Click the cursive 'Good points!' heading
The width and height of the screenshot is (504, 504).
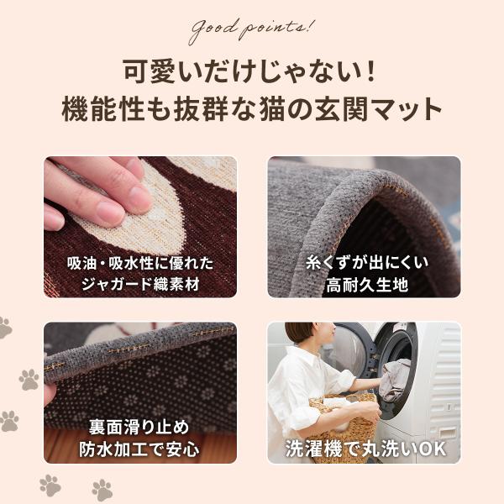click(251, 29)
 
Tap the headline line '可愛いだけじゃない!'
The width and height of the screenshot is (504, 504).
click(249, 71)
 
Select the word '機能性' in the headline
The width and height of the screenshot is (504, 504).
click(102, 109)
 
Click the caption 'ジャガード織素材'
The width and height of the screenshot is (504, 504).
click(140, 284)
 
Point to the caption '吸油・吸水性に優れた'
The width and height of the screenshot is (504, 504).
click(140, 263)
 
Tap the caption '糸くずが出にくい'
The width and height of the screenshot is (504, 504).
click(367, 263)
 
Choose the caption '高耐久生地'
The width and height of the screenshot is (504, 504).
click(367, 285)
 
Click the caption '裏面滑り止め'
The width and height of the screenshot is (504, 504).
click(139, 428)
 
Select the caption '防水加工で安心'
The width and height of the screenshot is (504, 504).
click(139, 449)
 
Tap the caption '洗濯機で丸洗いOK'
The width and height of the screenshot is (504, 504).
click(365, 449)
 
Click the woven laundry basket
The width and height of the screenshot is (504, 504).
click(344, 424)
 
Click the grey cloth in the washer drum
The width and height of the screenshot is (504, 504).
click(394, 381)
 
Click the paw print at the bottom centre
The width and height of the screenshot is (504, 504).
click(102, 490)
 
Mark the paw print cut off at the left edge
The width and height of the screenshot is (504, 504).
click(5, 328)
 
